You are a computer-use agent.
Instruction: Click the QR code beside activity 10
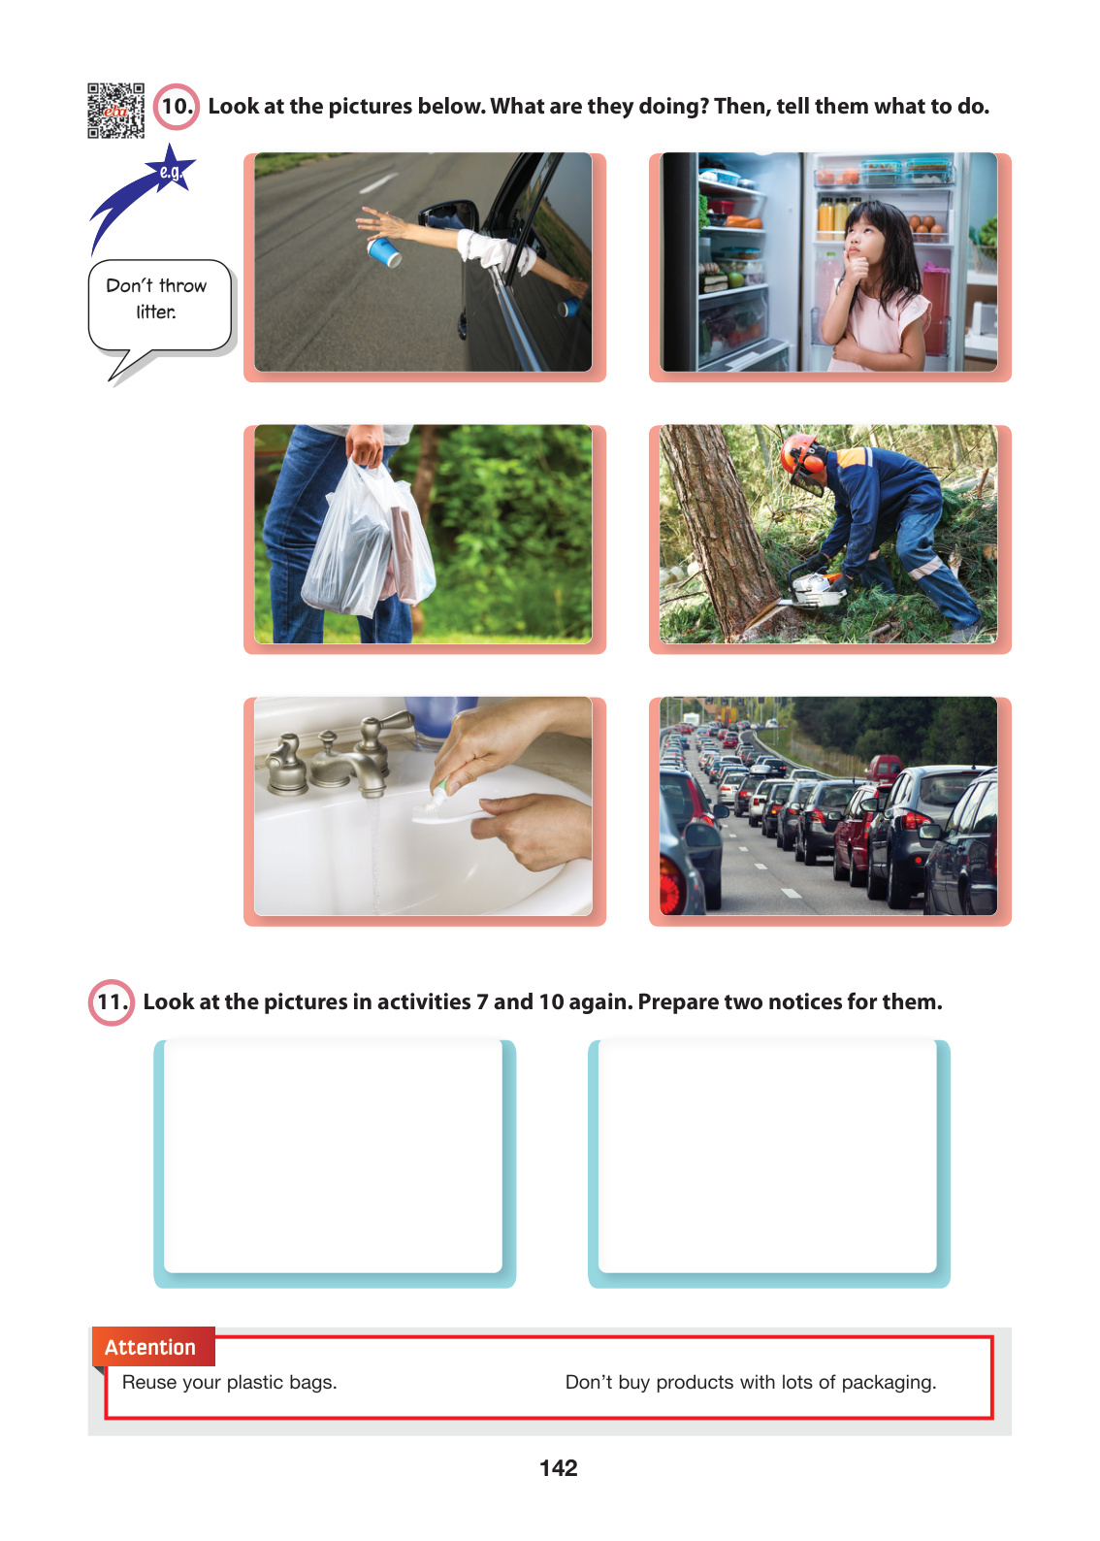pos(115,110)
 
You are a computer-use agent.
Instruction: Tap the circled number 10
pos(176,107)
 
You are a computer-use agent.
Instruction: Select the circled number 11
pos(111,1001)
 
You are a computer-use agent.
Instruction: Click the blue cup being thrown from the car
pos(383,251)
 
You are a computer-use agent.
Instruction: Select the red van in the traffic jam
pos(885,768)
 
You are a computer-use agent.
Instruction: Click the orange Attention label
pos(153,1346)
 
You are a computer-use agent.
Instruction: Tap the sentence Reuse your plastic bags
pos(229,1382)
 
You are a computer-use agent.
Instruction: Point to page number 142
pos(559,1468)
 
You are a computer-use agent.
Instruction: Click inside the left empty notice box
pos(333,1156)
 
